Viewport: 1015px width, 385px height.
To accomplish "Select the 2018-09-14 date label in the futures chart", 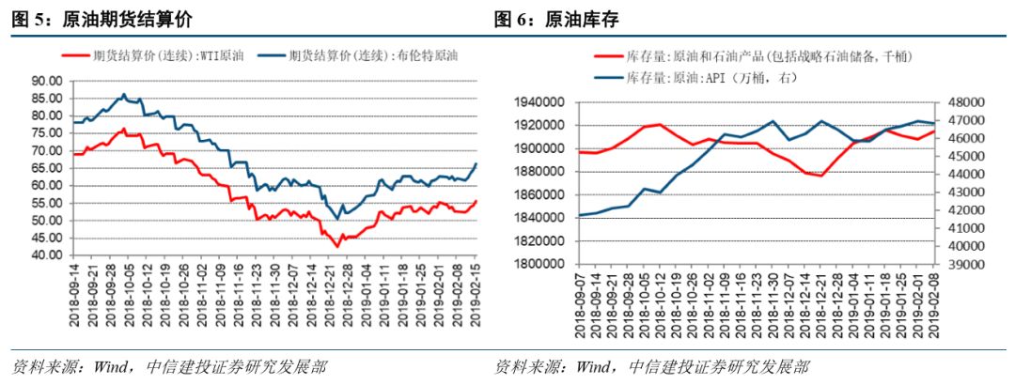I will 75,295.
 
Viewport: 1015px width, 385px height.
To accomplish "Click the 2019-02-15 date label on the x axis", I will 476,295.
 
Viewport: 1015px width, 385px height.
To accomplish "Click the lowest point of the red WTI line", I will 336,247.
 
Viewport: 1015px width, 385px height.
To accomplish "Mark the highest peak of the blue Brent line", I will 123,94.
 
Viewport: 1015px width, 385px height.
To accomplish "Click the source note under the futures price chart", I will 169,366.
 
